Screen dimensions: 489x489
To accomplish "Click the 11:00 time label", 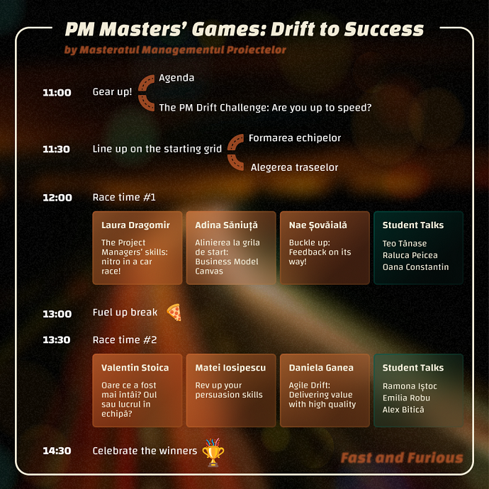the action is click(57, 93).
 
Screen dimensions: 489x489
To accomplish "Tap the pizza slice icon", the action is click(174, 312).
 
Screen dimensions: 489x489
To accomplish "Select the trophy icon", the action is click(213, 452).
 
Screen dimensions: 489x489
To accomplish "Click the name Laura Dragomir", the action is click(135, 225).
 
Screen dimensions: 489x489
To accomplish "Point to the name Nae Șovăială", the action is click(317, 225).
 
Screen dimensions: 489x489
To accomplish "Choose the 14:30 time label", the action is click(57, 451).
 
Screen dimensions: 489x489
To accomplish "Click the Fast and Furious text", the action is click(402, 458).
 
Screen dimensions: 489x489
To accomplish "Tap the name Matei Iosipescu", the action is click(230, 368).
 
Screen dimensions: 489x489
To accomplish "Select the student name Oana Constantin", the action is click(416, 267).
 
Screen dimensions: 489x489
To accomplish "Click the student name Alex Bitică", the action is click(403, 410).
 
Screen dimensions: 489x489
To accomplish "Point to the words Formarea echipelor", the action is click(295, 138).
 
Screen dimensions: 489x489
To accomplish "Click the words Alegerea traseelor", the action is click(294, 167).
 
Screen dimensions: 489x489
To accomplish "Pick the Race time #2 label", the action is click(125, 339).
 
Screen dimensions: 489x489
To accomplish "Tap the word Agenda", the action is click(176, 78).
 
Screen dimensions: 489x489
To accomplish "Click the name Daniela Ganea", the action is click(321, 368).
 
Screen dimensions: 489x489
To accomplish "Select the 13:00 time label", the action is click(57, 314).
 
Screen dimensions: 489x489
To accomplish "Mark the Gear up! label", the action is click(112, 92).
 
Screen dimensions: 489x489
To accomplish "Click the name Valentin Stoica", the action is click(135, 368).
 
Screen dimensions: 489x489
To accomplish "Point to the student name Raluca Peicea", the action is click(410, 255).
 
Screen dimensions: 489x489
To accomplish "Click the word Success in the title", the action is click(384, 29).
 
